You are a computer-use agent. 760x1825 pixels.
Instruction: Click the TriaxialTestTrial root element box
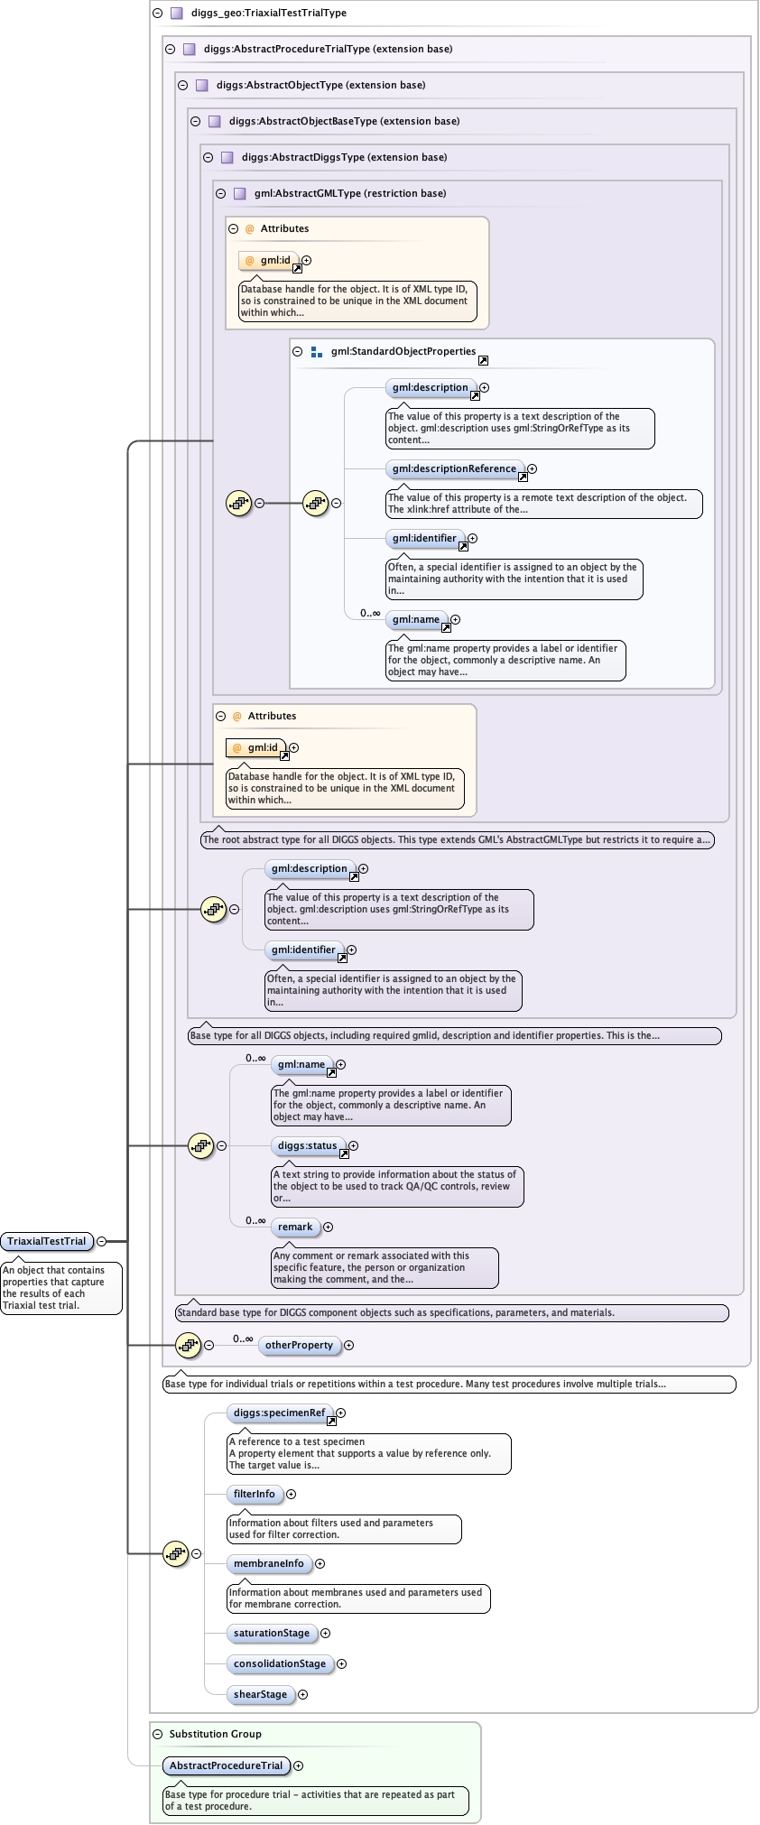[47, 1241]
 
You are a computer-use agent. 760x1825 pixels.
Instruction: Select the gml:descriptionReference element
[454, 468]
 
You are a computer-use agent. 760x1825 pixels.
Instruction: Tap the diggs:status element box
[307, 1145]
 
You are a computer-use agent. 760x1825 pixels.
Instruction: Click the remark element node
[295, 1227]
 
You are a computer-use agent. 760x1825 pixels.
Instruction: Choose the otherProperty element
[299, 1345]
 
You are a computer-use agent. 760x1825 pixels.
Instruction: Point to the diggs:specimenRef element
[279, 1413]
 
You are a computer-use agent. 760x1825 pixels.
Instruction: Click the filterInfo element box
[255, 1494]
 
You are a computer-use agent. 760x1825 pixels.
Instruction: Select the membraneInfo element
[268, 1563]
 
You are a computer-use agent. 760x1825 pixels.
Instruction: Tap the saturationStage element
[271, 1633]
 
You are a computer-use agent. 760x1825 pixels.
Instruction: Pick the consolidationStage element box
[279, 1663]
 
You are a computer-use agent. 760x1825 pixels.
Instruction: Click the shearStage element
[260, 1694]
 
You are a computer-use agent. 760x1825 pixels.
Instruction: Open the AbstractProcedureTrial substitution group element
[226, 1765]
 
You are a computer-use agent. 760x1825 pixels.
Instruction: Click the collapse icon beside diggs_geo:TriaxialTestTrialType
[157, 14]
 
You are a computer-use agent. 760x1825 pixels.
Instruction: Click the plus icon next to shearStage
[303, 1695]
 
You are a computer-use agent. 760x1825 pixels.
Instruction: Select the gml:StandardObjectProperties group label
[403, 352]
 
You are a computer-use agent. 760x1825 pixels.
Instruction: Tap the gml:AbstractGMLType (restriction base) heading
[349, 193]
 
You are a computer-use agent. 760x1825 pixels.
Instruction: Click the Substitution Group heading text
[215, 1734]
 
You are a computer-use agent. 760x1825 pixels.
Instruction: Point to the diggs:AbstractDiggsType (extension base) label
[344, 157]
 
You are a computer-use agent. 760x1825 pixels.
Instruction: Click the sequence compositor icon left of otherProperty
[188, 1345]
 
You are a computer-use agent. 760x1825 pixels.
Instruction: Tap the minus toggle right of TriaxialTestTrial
[101, 1241]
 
